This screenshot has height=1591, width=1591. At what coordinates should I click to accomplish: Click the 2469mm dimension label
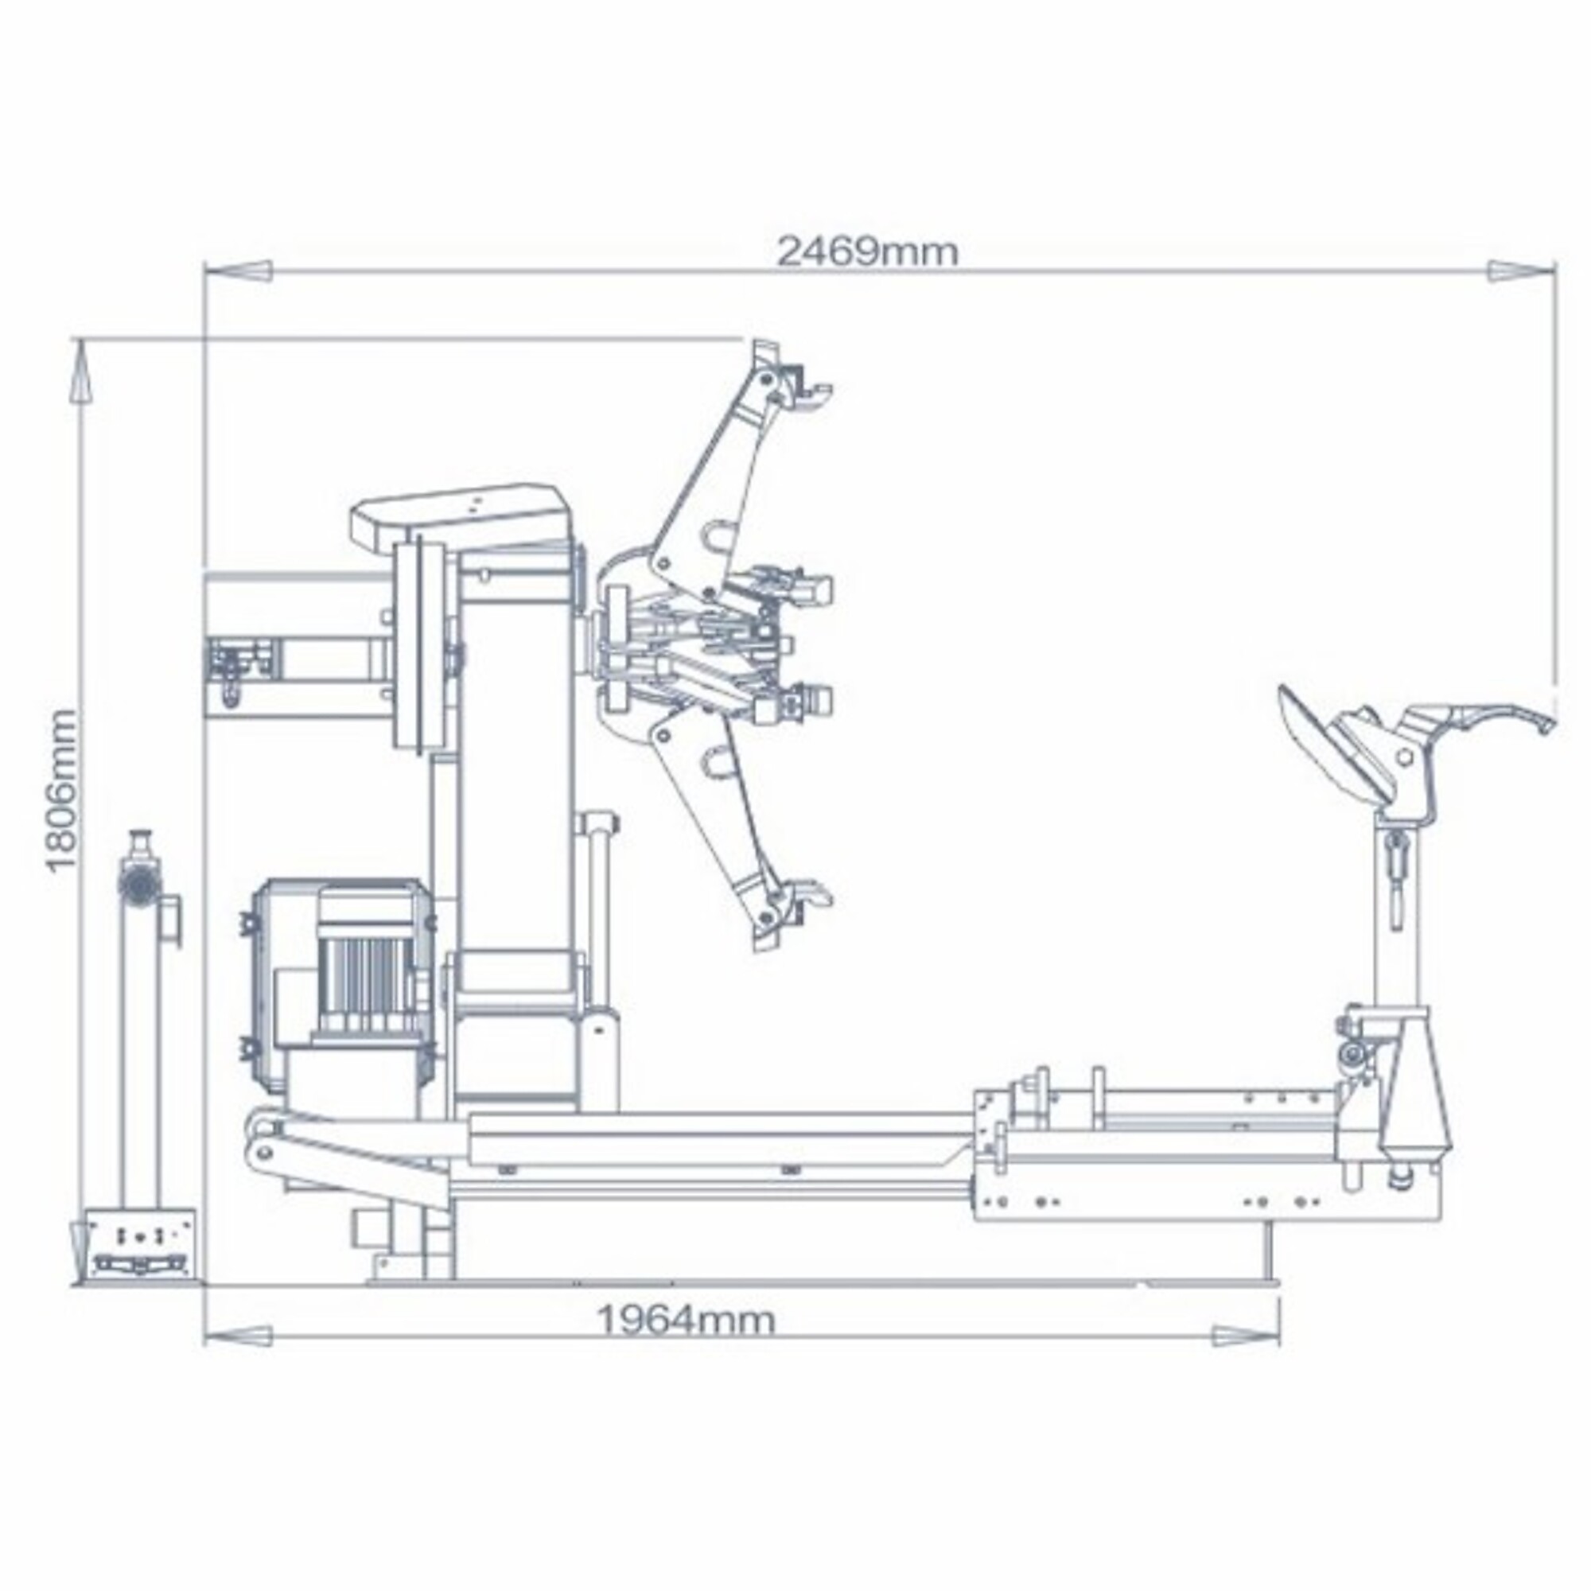pos(869,251)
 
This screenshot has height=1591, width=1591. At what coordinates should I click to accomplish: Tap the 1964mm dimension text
pos(686,1320)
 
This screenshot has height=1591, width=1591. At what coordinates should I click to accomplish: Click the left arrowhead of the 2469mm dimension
pos(239,270)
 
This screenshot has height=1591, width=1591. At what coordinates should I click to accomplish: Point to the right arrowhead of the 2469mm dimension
pos(1520,270)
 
